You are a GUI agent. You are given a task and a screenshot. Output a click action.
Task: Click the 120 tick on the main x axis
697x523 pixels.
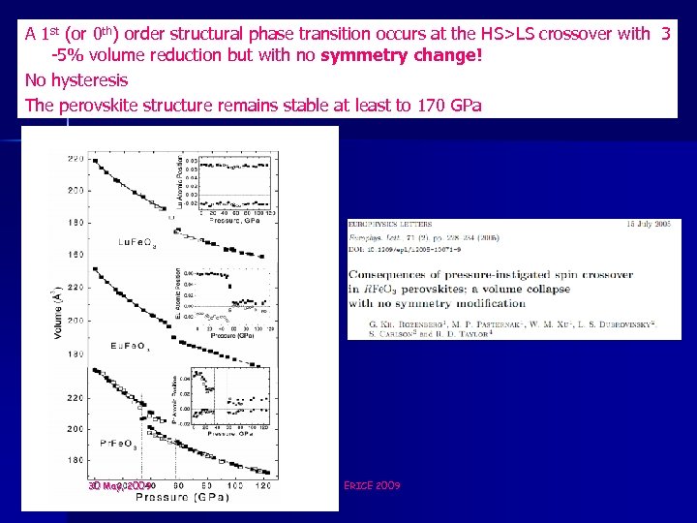click(263, 484)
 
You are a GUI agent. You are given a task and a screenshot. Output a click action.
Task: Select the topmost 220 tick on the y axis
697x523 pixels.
click(72, 158)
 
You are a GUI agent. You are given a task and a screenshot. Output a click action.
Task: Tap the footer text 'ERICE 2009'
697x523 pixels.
click(372, 485)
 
